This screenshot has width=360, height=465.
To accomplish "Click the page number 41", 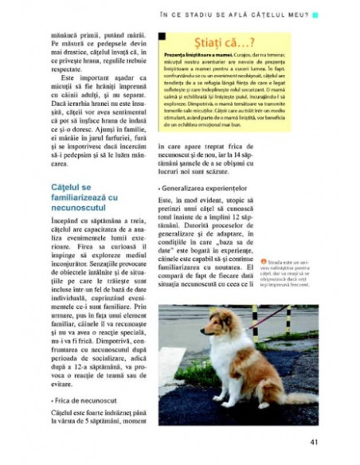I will (315, 442).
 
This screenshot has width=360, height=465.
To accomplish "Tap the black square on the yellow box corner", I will (162, 36).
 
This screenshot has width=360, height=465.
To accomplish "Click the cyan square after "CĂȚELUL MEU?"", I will (315, 14).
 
